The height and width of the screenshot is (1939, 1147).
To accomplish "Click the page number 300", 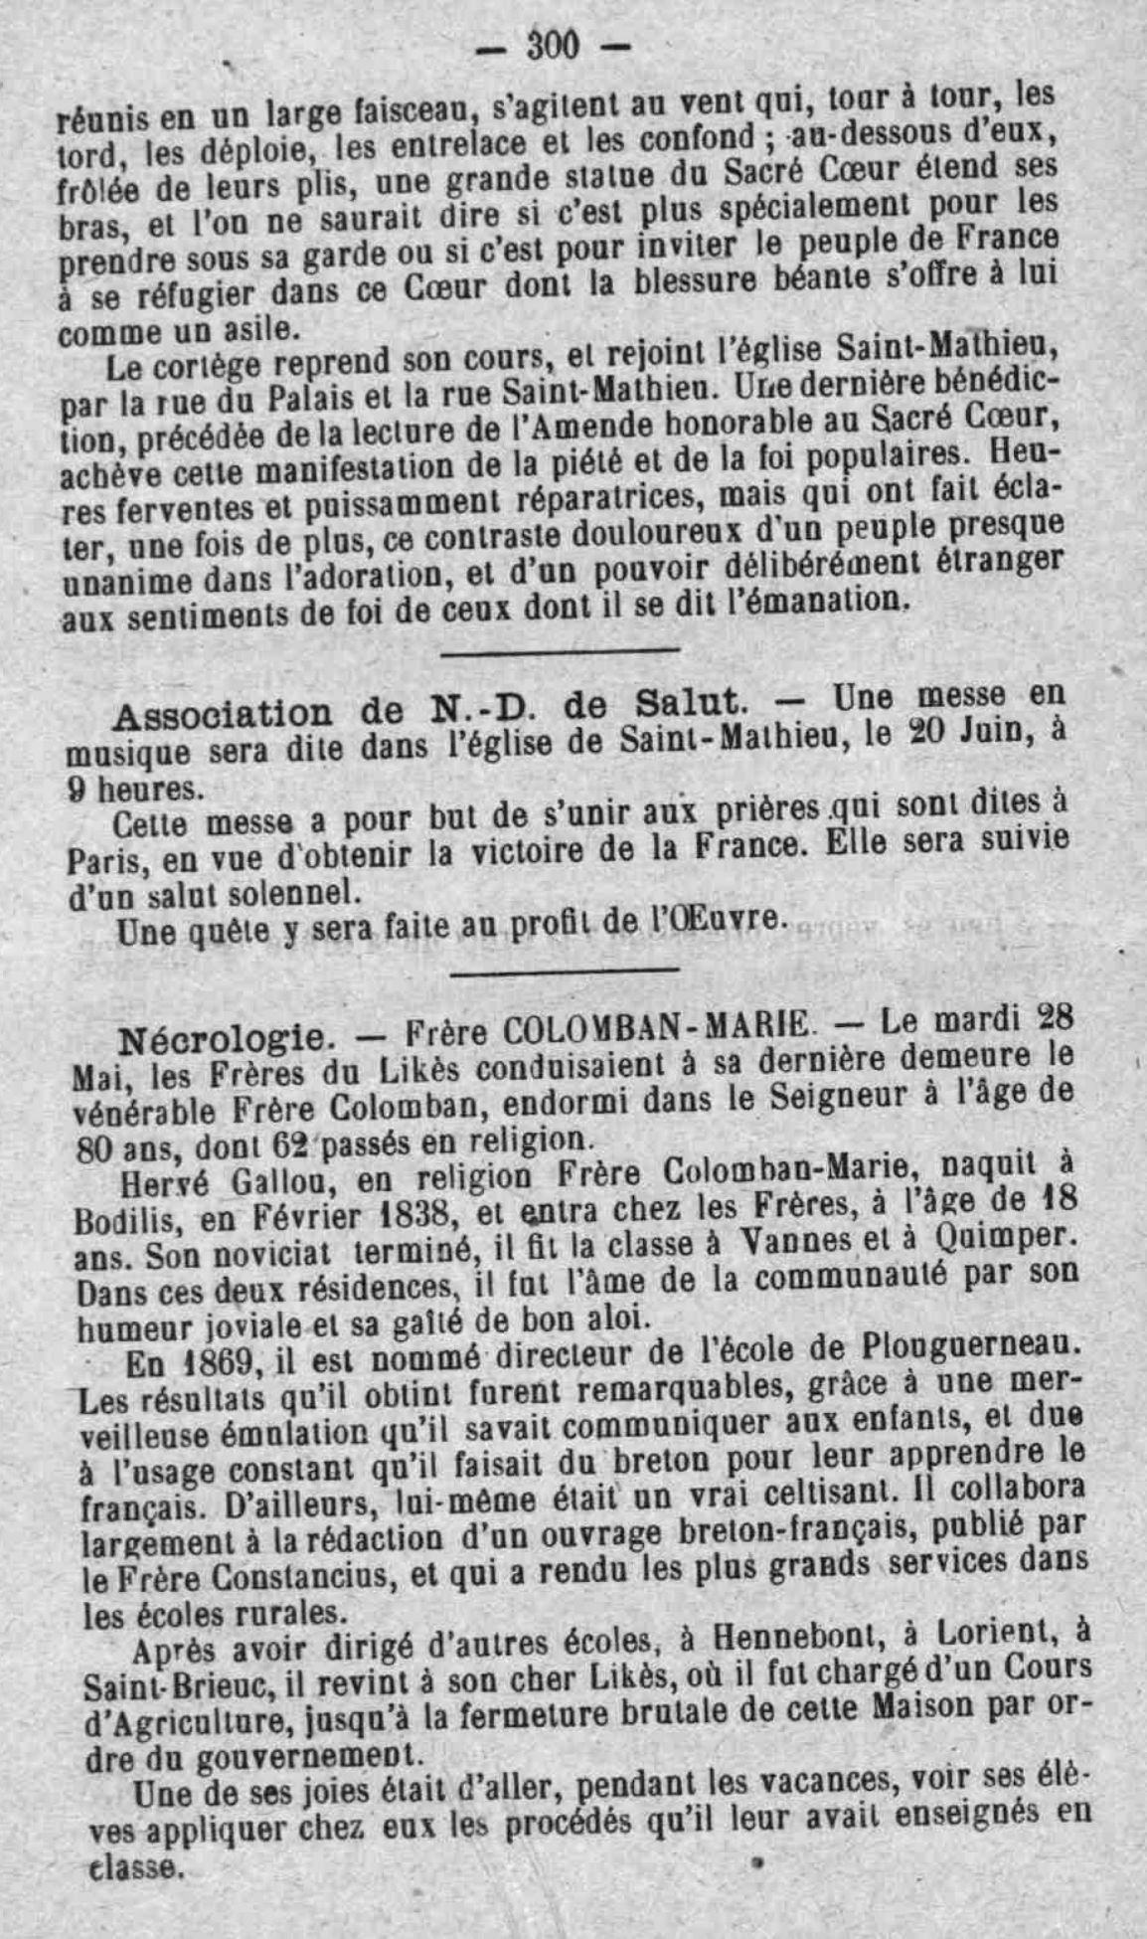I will (554, 45).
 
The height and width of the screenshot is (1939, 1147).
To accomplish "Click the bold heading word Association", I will (222, 715).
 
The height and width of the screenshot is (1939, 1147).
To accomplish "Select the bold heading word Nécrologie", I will (221, 1039).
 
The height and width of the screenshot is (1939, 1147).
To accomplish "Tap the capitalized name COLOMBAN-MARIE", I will (656, 1027).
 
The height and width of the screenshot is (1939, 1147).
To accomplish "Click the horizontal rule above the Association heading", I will (560, 651).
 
